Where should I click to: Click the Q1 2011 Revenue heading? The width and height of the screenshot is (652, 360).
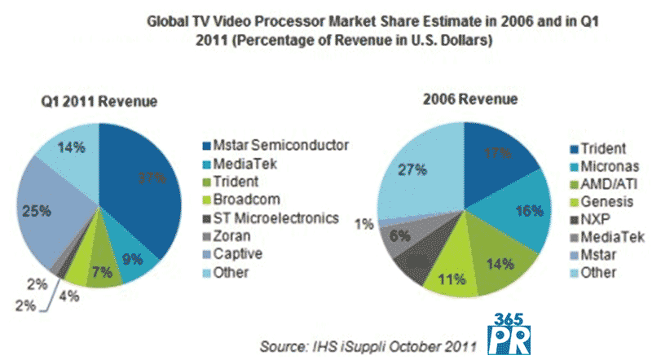[x=99, y=101]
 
